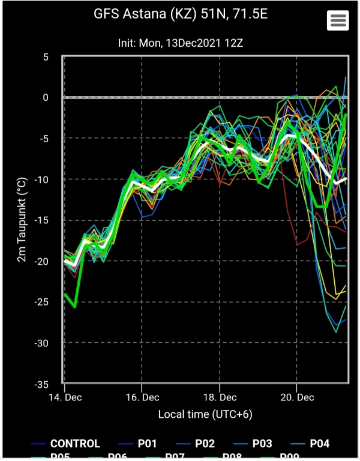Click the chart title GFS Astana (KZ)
coord(179,13)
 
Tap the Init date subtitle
coord(179,43)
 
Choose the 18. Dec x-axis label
coord(220,397)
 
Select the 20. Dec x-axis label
coord(298,397)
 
